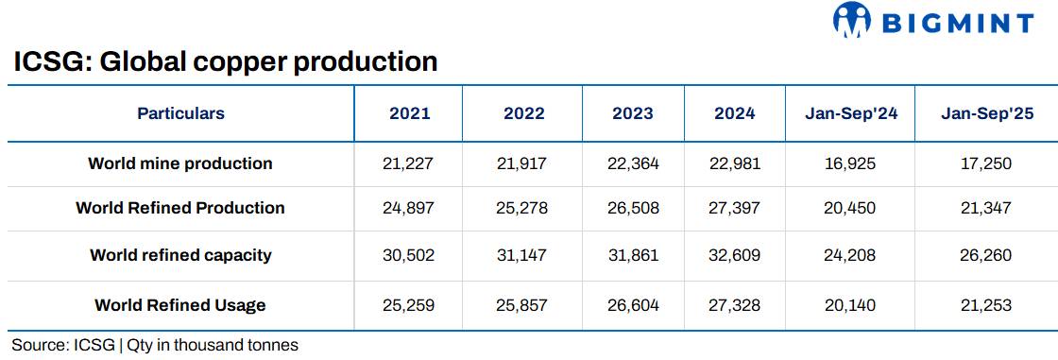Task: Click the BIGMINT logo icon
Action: click(x=851, y=21)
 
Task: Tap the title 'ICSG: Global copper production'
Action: click(x=226, y=62)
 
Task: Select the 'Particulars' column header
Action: click(x=180, y=113)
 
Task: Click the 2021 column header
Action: click(x=409, y=113)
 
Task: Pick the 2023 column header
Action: click(x=632, y=113)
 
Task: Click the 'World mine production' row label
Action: click(x=180, y=163)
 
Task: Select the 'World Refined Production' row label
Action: click(x=180, y=208)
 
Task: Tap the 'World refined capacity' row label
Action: click(x=180, y=255)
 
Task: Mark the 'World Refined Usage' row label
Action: click(x=180, y=305)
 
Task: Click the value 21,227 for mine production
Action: click(x=409, y=163)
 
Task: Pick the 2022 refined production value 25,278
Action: click(x=523, y=208)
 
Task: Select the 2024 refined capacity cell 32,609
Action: click(x=734, y=255)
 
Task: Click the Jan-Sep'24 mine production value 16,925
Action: click(x=850, y=163)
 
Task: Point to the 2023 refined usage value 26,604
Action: click(x=632, y=305)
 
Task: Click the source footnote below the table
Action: click(x=155, y=345)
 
